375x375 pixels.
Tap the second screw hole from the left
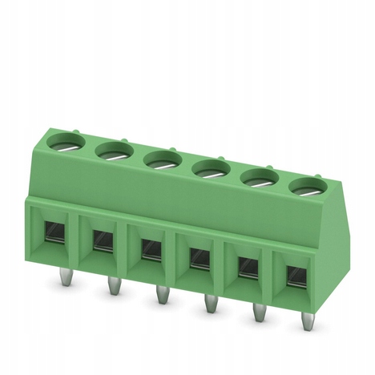click(112, 149)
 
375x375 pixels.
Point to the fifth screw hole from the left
click(258, 178)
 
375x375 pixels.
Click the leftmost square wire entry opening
click(54, 232)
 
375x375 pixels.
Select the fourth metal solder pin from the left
click(210, 305)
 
